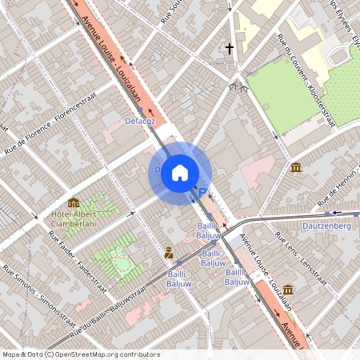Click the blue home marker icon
180,172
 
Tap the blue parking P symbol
202,192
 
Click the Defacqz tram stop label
141,122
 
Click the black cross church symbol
230,49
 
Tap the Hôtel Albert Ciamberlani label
79,218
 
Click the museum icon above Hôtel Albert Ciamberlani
74,202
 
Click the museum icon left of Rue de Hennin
297,167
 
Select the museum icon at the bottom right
288,289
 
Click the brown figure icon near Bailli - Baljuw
169,253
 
